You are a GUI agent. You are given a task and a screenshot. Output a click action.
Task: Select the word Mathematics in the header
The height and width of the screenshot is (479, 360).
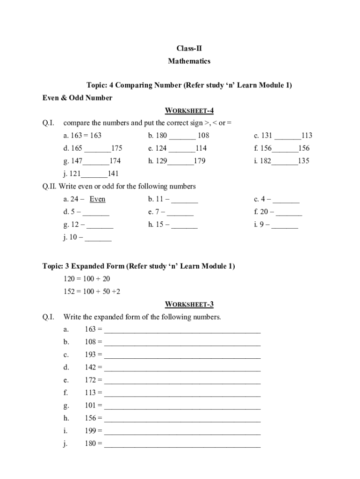189,61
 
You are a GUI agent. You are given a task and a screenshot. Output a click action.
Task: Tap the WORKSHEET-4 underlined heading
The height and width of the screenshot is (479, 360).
189,110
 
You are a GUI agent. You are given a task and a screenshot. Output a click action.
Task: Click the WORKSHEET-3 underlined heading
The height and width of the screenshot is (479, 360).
189,305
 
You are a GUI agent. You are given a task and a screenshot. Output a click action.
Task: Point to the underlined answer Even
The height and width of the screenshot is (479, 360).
97,199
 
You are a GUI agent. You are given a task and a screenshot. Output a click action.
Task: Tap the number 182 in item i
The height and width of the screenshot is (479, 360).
265,161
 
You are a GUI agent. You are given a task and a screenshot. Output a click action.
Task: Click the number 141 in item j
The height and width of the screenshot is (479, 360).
113,174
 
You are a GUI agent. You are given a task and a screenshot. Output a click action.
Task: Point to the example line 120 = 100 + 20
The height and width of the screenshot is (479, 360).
86,279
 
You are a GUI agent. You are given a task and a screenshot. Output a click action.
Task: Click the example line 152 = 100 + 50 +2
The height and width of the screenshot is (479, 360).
92,291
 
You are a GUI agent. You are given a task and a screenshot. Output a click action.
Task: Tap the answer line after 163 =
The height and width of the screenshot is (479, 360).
182,331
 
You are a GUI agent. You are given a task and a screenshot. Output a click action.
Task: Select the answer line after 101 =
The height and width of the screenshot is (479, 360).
182,406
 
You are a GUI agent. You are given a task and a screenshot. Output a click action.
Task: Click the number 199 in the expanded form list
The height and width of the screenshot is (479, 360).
90,431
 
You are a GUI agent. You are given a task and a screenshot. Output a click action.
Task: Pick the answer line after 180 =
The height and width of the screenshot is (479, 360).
182,445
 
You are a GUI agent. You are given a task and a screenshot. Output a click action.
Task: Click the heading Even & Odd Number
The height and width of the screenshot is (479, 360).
77,98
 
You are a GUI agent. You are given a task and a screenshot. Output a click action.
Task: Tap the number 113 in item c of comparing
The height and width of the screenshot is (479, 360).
307,136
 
